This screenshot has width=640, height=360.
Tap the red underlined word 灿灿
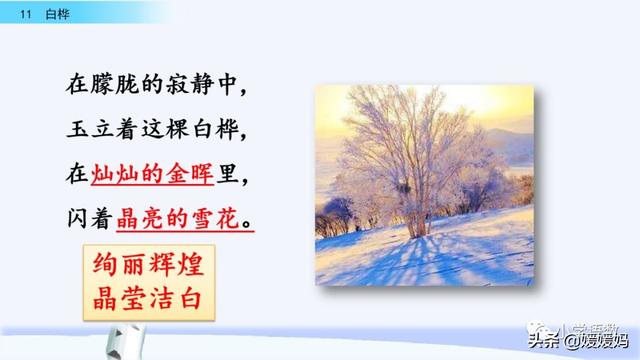(x=115, y=174)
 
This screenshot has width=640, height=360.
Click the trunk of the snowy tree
(x=410, y=209)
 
